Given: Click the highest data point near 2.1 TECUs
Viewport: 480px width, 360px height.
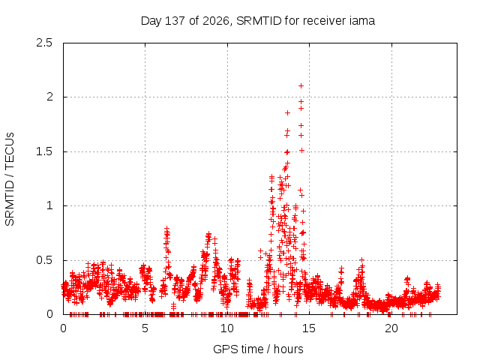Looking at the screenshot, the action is pos(301,86).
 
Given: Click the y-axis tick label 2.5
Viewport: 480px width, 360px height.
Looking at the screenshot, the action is pos(44,43).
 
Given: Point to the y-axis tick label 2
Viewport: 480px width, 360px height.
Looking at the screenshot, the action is pos(49,97).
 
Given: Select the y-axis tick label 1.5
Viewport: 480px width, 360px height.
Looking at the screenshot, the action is pos(44,151).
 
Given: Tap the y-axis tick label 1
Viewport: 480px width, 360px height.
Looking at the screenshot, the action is pos(49,205).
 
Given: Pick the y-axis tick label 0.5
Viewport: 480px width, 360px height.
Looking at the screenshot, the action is pos(44,260).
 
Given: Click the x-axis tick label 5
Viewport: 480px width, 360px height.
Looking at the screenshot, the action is pos(145,328).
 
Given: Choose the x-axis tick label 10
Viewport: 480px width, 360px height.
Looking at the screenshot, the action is pos(226,328).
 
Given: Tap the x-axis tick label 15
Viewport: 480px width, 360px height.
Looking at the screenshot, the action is pos(309,328).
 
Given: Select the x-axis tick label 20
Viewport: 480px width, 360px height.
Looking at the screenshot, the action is pos(391,328).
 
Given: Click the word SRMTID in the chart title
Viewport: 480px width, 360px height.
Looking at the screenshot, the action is pos(259,21).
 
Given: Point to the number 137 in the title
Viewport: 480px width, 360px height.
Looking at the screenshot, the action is pos(175,21).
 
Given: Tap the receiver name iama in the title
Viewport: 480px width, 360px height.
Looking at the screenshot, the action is pos(361,21).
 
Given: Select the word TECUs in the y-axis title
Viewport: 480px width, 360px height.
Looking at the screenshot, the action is pos(10,150).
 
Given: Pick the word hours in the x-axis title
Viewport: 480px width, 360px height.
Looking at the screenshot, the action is pos(288,349).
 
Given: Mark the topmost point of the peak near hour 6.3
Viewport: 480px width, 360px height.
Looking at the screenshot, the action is pos(166,228).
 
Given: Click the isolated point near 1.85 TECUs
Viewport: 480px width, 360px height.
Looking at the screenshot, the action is pos(287,113).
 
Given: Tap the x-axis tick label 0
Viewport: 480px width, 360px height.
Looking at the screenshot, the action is pos(63,328).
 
